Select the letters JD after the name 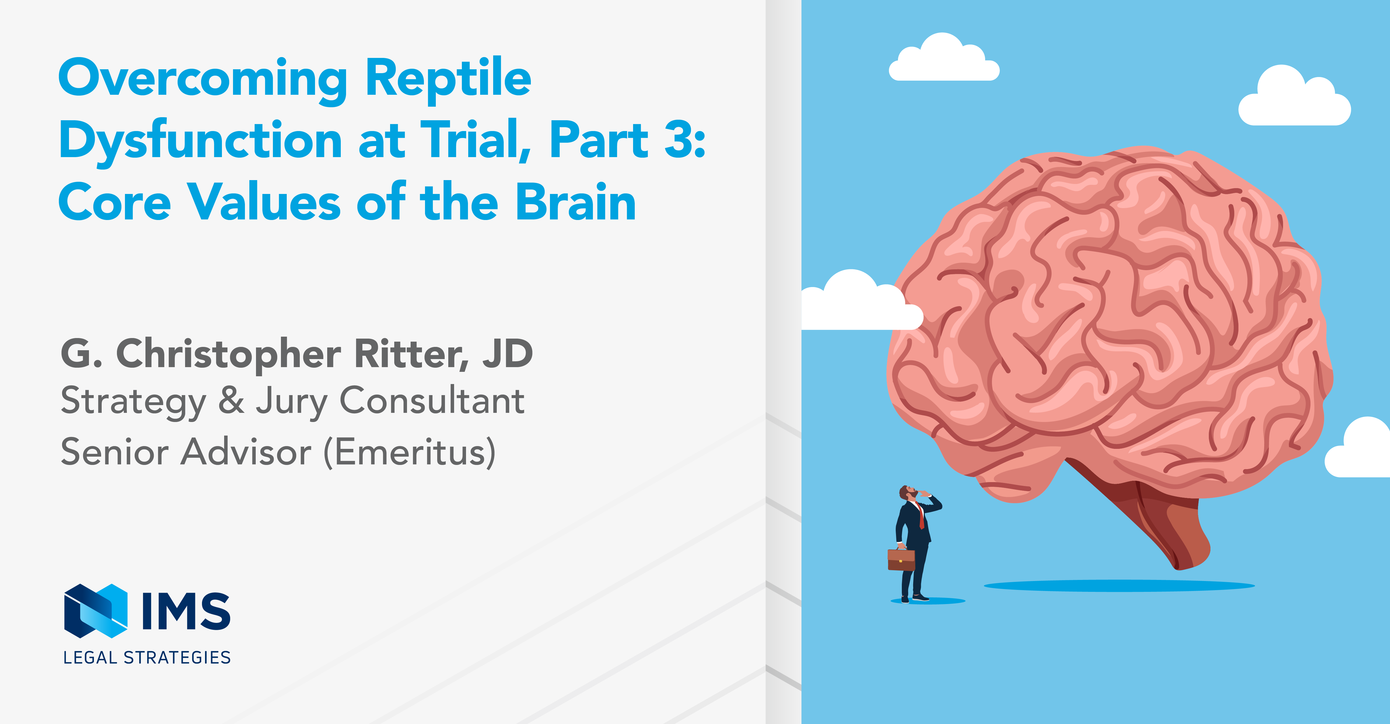pyautogui.click(x=507, y=354)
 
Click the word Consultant pyautogui.click(x=432, y=401)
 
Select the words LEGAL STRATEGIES pyautogui.click(x=147, y=658)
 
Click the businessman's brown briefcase pyautogui.click(x=901, y=559)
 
